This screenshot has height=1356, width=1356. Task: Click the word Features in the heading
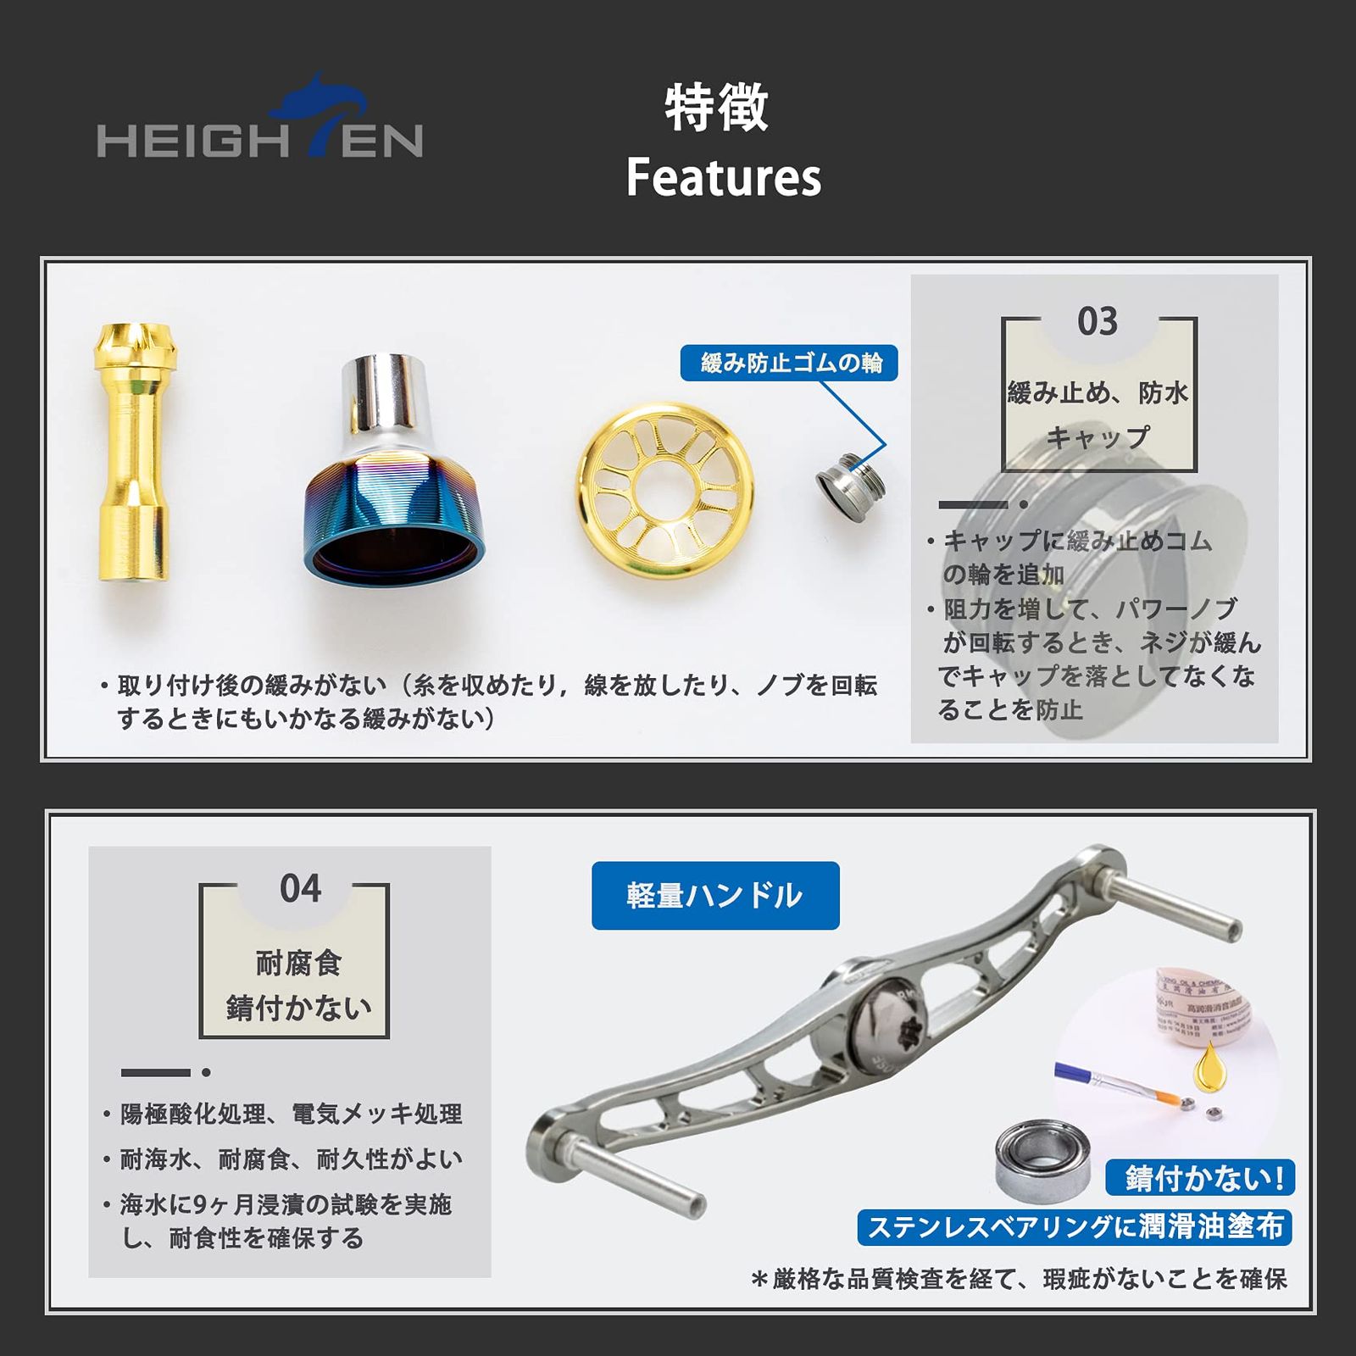pos(724,178)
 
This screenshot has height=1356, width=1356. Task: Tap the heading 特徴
pos(716,108)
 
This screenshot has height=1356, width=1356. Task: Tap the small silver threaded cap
pos(850,487)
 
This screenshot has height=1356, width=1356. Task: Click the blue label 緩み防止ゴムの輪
pos(789,363)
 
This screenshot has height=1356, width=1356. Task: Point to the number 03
pos(1098,322)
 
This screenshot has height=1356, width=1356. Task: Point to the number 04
pos(301,889)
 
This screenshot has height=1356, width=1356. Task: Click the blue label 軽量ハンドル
pos(714,896)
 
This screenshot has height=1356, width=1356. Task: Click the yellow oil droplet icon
pos(1209,1066)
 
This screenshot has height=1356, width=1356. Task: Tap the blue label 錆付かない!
pos(1200,1177)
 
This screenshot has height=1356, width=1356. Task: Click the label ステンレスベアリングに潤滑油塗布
pos(1075,1227)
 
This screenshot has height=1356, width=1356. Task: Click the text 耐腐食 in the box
pos(298,963)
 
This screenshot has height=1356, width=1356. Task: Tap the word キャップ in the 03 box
pos(1098,437)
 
